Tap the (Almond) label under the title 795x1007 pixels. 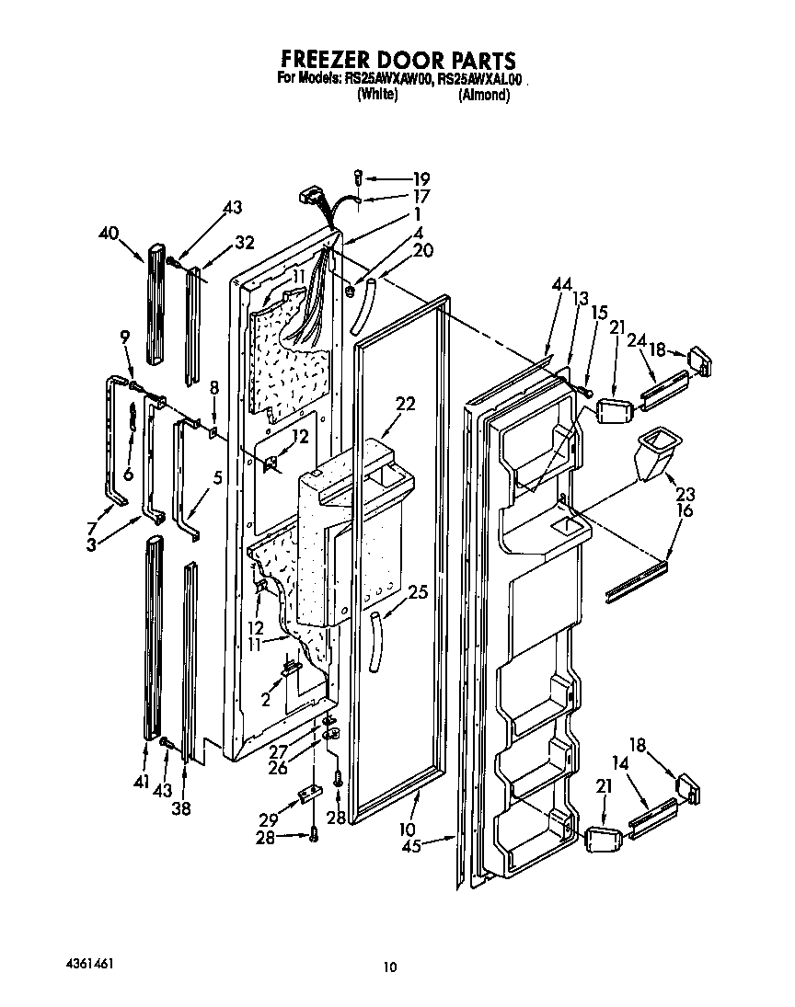click(483, 95)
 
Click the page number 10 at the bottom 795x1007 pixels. click(390, 967)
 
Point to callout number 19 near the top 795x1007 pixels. click(421, 178)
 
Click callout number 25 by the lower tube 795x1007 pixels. click(417, 593)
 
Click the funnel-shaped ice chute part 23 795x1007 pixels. click(657, 452)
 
